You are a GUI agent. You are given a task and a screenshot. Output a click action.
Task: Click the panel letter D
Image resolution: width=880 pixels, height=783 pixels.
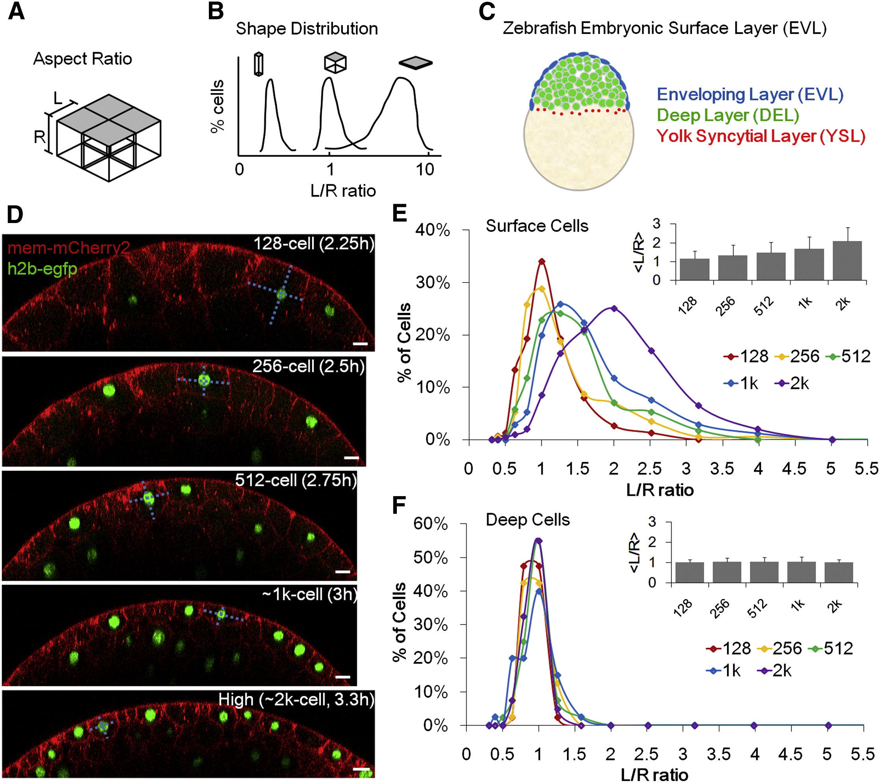pos(15,214)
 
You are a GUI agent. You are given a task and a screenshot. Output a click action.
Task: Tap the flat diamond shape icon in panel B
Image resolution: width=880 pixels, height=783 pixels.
pos(415,63)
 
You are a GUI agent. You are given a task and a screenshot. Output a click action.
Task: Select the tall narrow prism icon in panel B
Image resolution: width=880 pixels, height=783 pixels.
pos(258,64)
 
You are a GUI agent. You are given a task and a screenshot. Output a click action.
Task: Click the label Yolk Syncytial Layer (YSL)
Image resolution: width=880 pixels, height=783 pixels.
pos(760,136)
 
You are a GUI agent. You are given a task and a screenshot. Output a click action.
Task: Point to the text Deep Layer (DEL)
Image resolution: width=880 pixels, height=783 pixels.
pos(727,115)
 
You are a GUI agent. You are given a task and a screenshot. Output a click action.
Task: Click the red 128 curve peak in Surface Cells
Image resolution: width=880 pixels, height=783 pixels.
pos(541,261)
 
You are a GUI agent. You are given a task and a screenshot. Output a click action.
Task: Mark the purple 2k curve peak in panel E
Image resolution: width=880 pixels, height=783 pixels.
pos(614,308)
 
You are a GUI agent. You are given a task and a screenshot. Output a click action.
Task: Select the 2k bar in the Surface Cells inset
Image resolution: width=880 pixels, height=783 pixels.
pos(847,261)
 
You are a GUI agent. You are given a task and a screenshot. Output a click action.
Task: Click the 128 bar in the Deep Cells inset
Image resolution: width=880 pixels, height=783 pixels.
pos(689,572)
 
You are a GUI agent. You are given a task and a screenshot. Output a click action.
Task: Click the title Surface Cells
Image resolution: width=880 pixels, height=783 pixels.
pos(537,226)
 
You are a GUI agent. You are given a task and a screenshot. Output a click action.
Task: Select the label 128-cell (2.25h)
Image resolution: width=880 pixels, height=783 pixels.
pos(313,244)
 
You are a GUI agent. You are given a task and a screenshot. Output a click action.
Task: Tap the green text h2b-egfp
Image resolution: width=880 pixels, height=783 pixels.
pos(42,269)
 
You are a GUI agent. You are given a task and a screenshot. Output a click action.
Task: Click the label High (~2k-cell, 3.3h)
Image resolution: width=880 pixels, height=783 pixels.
pos(296,699)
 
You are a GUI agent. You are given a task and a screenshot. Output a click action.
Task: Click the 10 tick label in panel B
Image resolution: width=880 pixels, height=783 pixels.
pos(425,169)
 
